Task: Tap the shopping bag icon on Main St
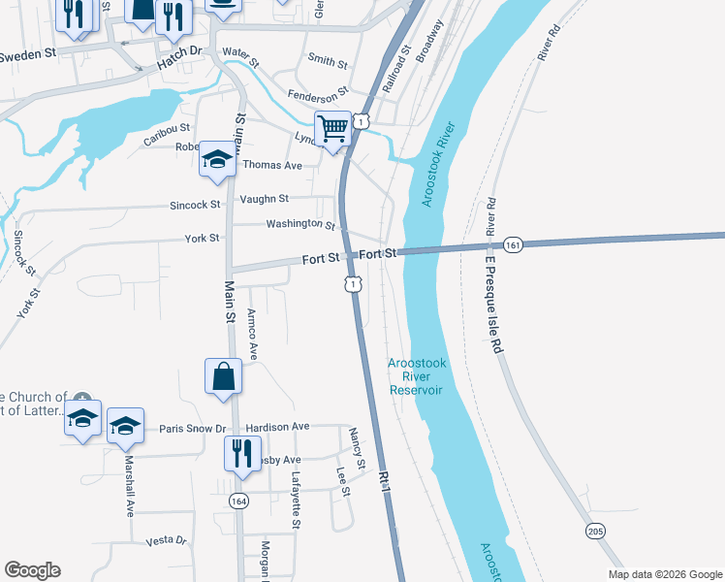coord(223,376)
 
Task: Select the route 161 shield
coord(513,246)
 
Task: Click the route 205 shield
coord(595,531)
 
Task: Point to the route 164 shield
coord(238,501)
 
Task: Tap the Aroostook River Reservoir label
coord(416,376)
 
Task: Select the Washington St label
coord(300,224)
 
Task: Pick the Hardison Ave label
coord(277,427)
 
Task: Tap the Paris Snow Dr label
coord(192,428)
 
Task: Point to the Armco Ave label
coord(252,336)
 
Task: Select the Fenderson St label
coord(317,95)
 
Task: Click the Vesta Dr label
coord(165,540)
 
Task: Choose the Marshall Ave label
coord(129,487)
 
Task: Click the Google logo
coord(32,570)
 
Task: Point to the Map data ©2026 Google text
coord(664,574)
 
